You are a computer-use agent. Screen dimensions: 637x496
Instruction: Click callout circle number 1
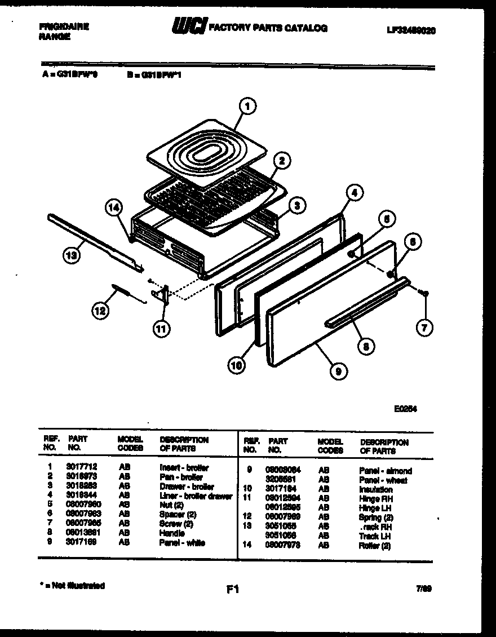pyautogui.click(x=247, y=105)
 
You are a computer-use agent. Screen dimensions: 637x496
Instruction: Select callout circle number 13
pyautogui.click(x=70, y=255)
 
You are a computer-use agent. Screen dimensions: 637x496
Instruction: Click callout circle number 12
pyautogui.click(x=100, y=309)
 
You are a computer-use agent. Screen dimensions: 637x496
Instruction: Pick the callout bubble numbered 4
pyautogui.click(x=352, y=192)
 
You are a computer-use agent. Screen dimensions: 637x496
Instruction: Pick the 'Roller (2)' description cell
pyautogui.click(x=374, y=546)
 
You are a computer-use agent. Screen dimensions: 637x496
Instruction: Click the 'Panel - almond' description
pyautogui.click(x=385, y=471)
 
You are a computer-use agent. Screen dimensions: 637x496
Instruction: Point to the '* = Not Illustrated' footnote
pyautogui.click(x=72, y=586)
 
